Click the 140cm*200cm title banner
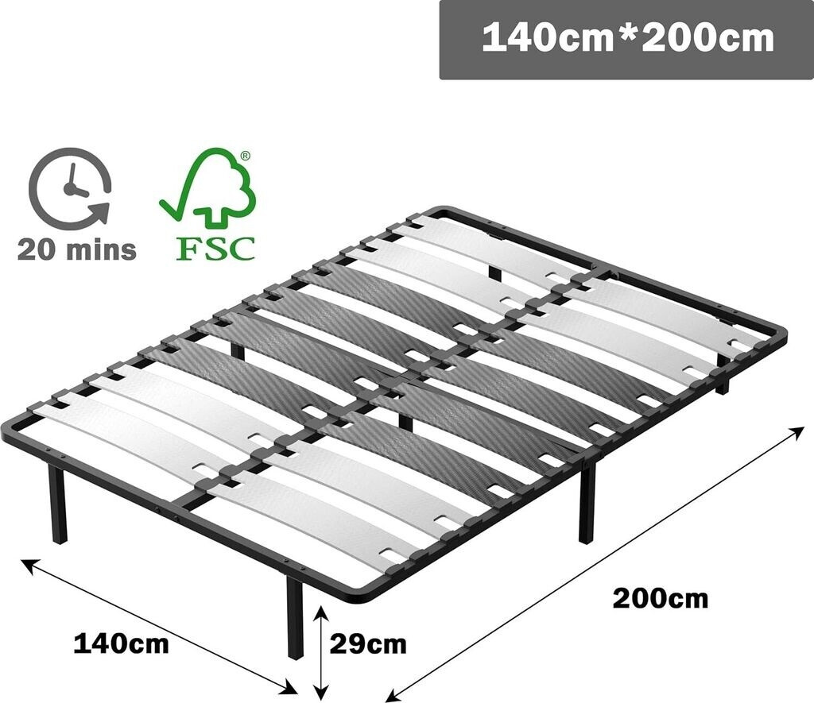click(626, 39)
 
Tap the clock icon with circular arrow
click(70, 188)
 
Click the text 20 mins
click(76, 249)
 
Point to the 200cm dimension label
click(660, 597)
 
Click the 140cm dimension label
click(121, 643)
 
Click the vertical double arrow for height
click(320, 650)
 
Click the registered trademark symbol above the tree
click(246, 157)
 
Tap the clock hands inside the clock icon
click(74, 180)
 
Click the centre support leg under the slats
click(405, 417)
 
